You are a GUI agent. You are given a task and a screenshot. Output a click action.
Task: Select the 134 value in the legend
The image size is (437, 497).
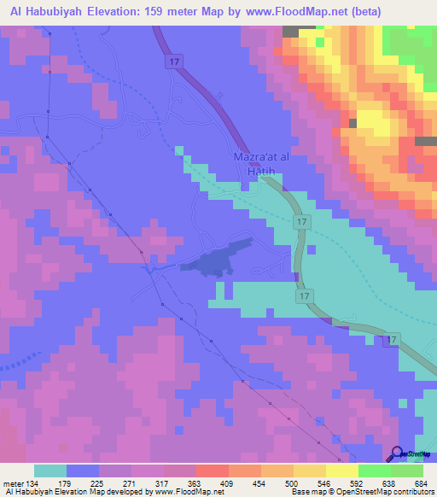(x=32, y=482)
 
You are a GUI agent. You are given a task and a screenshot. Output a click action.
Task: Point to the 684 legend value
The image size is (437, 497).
(x=416, y=482)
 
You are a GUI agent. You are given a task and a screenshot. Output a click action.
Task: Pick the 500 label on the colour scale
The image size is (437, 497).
(x=291, y=482)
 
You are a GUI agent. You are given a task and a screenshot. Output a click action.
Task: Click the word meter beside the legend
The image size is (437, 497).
(x=13, y=482)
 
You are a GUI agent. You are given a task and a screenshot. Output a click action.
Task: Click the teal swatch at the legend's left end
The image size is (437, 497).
(x=50, y=471)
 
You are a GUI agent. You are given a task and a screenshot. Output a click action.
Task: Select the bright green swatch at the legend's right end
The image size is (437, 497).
(x=407, y=471)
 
